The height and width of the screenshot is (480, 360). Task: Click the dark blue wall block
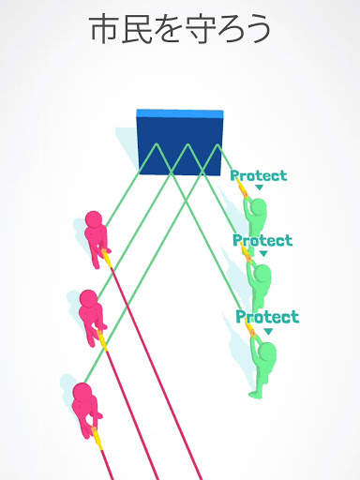pyautogui.click(x=180, y=142)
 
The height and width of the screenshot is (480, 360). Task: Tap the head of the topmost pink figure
pyautogui.click(x=94, y=219)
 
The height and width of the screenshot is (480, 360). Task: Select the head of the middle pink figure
pyautogui.click(x=88, y=298)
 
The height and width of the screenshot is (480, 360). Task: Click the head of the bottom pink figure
pyautogui.click(x=82, y=392)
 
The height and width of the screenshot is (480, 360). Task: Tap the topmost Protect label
pyautogui.click(x=259, y=175)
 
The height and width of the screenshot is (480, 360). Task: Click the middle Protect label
pyautogui.click(x=262, y=240)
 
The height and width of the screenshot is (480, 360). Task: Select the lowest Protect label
pyautogui.click(x=267, y=317)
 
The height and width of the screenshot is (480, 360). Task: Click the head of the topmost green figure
pyautogui.click(x=259, y=206)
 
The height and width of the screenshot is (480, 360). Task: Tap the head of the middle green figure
pyautogui.click(x=262, y=273)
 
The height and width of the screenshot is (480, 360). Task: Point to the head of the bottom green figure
pyautogui.click(x=268, y=352)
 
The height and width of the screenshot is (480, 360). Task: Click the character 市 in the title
pyautogui.click(x=104, y=29)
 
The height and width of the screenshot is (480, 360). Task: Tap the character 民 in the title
pyautogui.click(x=137, y=29)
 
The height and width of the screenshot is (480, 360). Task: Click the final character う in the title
pyautogui.click(x=256, y=29)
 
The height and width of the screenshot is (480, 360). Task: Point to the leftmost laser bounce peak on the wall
pyautogui.click(x=157, y=144)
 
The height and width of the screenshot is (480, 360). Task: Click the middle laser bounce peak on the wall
pyautogui.click(x=187, y=144)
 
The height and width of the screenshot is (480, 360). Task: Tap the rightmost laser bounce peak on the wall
pyautogui.click(x=217, y=144)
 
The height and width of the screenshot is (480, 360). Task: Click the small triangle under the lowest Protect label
pyautogui.click(x=268, y=332)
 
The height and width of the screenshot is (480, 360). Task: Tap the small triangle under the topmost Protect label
pyautogui.click(x=260, y=187)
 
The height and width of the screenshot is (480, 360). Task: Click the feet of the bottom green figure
pyautogui.click(x=257, y=394)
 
